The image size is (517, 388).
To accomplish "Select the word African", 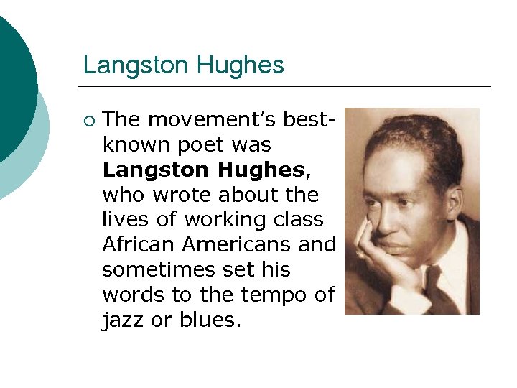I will (139, 244).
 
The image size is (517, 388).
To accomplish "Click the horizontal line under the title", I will (287, 87).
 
